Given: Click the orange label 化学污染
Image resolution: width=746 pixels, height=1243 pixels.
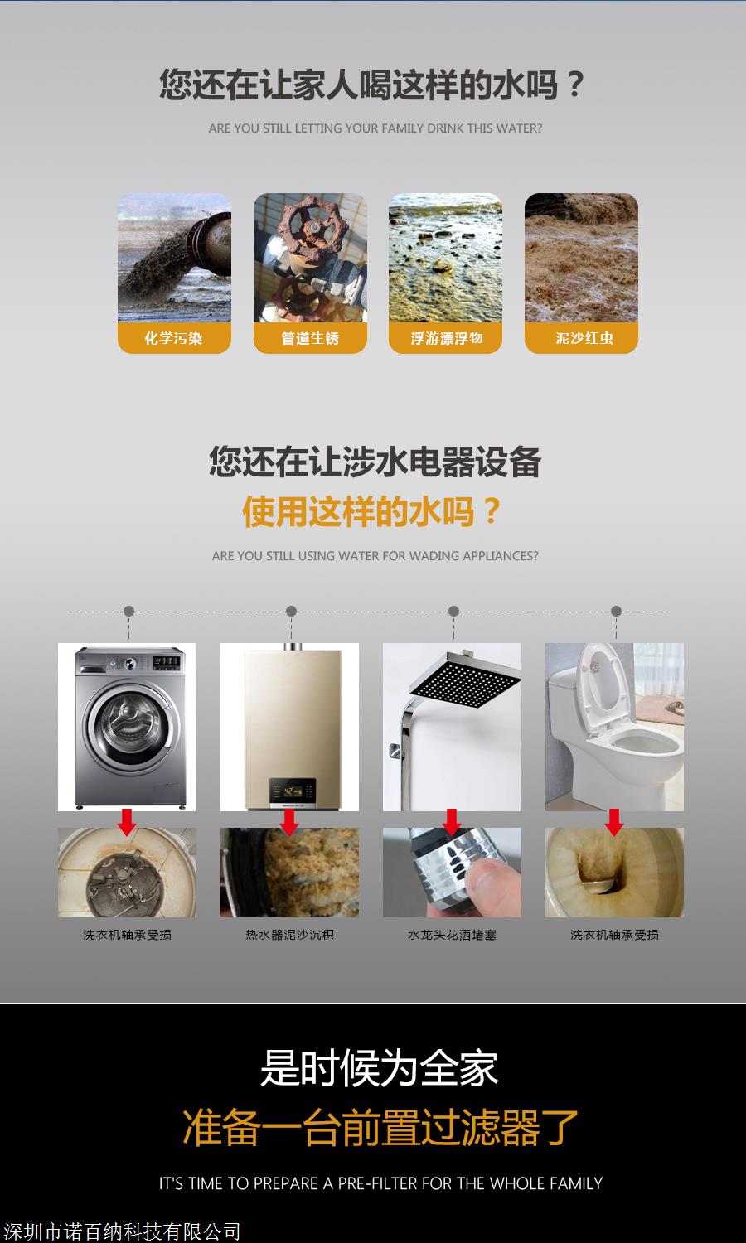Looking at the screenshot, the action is tap(174, 338).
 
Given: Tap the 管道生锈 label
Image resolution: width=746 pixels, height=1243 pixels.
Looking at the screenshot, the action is tap(310, 338).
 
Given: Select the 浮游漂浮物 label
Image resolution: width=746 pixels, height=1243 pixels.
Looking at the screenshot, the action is tap(446, 338).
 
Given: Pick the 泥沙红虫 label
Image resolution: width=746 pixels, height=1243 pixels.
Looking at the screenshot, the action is tap(581, 338).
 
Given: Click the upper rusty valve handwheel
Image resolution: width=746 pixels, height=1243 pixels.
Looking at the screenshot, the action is tap(310, 228).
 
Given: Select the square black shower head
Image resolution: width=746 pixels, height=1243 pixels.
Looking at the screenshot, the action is tap(465, 680).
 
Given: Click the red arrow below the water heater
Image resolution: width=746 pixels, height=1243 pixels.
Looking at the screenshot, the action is tap(289, 822).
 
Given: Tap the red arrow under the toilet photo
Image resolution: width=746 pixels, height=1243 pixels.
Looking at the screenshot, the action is tap(614, 822).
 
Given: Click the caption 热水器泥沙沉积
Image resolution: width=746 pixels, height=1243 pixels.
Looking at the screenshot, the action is tap(290, 935).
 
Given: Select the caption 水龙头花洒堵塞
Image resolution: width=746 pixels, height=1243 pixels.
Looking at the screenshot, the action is tap(452, 935).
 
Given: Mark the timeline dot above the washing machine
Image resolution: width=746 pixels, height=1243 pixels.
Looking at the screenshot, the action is tap(128, 611).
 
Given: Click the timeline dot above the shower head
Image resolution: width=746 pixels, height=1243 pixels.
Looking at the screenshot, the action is tap(453, 611).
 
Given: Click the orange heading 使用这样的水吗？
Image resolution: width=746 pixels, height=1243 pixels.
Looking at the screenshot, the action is tap(372, 511).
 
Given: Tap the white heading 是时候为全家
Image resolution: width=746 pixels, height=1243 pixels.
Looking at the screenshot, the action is tap(380, 1068).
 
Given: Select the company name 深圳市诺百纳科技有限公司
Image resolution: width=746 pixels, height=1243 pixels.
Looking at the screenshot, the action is tap(122, 1232).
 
